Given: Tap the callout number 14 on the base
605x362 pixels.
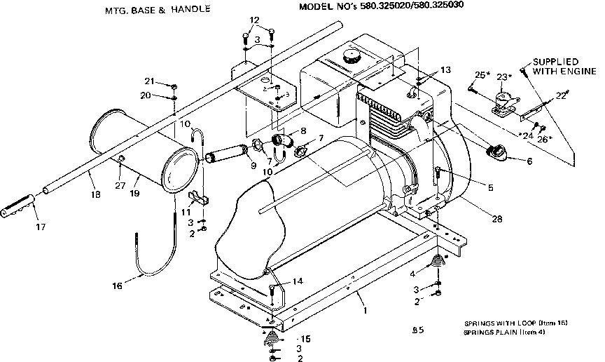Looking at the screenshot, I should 297,281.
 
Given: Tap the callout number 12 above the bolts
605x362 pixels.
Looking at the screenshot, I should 254,20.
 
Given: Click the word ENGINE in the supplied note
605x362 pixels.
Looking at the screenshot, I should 578,71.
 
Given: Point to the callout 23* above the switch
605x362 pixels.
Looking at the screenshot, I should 503,76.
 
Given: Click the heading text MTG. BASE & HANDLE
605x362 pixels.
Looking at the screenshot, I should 156,10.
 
